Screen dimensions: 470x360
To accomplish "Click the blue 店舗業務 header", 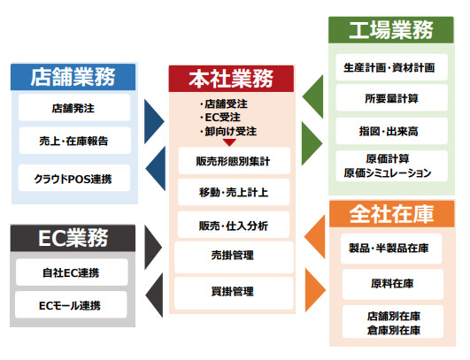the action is tap(73, 77).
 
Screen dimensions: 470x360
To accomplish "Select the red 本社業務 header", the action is tap(231, 79).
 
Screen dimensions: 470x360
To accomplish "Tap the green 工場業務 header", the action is tap(391, 30).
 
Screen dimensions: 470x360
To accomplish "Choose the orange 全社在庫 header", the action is tap(392, 214).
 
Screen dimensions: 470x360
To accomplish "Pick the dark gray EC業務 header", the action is tap(73, 238).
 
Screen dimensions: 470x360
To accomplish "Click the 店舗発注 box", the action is tap(74, 108).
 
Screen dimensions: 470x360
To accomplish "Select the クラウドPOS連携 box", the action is tap(74, 178).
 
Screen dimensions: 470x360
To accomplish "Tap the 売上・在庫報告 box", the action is tap(75, 141).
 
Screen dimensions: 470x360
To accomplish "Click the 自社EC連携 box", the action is tap(72, 272).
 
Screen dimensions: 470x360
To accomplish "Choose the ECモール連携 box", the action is tap(71, 305).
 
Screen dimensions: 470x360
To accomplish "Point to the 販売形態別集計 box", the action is tap(235, 161).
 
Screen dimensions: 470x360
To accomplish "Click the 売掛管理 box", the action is tap(234, 257).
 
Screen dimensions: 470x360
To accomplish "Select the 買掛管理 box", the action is tap(234, 293).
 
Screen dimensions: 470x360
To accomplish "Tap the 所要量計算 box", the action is tap(392, 98).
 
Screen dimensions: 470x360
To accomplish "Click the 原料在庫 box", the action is tap(393, 284).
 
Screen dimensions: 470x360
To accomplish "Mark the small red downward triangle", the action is tap(229, 142).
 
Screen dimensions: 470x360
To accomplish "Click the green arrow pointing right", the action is tap(312, 143).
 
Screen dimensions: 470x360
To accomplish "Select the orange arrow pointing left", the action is tap(315, 236).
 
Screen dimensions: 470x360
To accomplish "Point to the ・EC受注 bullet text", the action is tap(220, 118).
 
